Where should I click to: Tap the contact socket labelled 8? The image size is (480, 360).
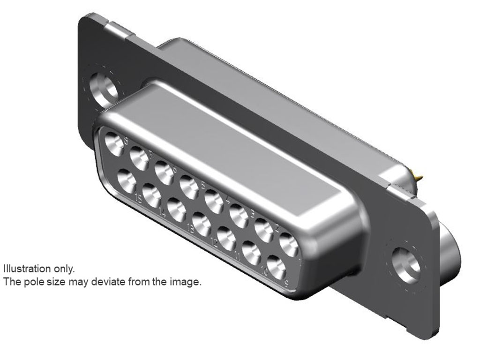[113, 143]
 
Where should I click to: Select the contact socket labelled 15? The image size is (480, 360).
[126, 181]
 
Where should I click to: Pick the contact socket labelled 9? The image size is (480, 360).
[277, 268]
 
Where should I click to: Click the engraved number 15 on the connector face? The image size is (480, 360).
[138, 198]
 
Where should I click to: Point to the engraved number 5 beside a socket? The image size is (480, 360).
[203, 185]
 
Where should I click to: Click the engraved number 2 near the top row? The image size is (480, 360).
[277, 229]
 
